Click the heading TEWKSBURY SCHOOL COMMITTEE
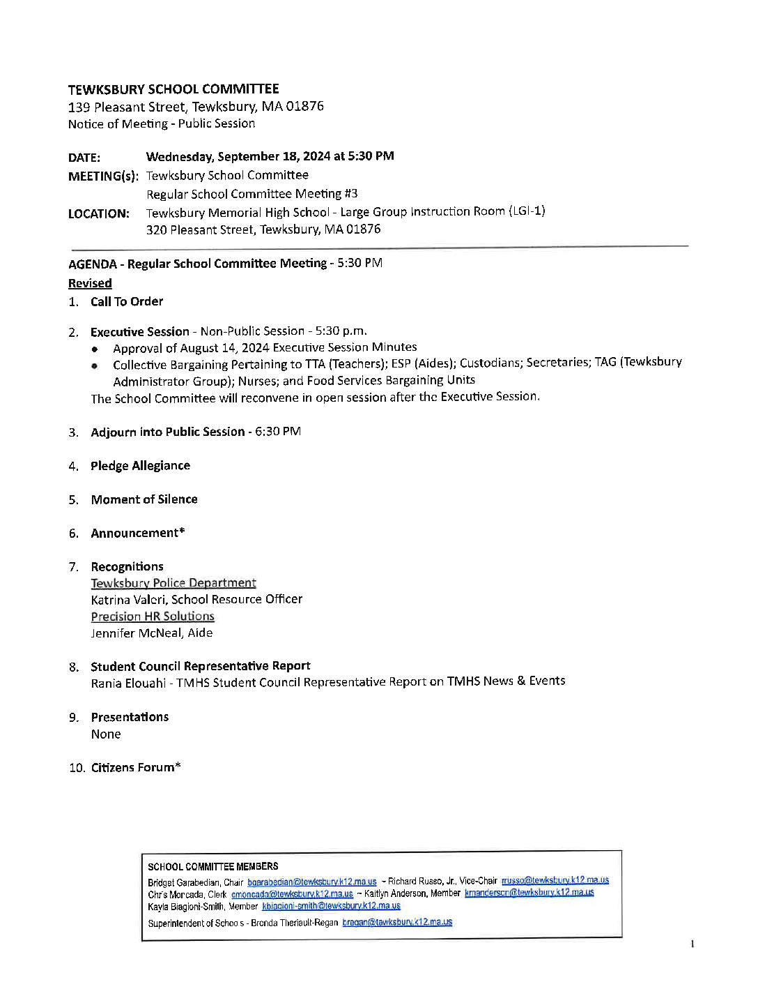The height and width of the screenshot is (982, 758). [x=173, y=89]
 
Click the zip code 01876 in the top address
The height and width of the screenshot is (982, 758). [x=304, y=106]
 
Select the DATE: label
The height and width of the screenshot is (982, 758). [x=84, y=158]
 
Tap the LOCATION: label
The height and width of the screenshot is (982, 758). [x=99, y=214]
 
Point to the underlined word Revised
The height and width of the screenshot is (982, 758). [x=90, y=283]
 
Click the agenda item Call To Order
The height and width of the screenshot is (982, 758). [x=127, y=301]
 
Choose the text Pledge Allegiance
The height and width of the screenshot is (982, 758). [x=140, y=466]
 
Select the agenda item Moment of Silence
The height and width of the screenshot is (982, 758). [x=144, y=499]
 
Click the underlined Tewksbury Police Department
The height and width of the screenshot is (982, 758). [x=173, y=583]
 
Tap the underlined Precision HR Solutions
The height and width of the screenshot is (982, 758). [x=153, y=617]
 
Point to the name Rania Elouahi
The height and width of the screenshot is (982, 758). [x=128, y=683]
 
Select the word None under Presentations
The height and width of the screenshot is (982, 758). [x=106, y=734]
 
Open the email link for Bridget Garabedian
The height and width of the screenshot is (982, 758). [x=311, y=882]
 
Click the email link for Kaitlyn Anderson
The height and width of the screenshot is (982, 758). [x=529, y=893]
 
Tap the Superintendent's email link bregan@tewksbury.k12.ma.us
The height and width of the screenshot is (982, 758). [x=397, y=922]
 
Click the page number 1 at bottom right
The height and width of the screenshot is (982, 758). [x=692, y=944]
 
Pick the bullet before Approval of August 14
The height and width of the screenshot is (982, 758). [x=95, y=348]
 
